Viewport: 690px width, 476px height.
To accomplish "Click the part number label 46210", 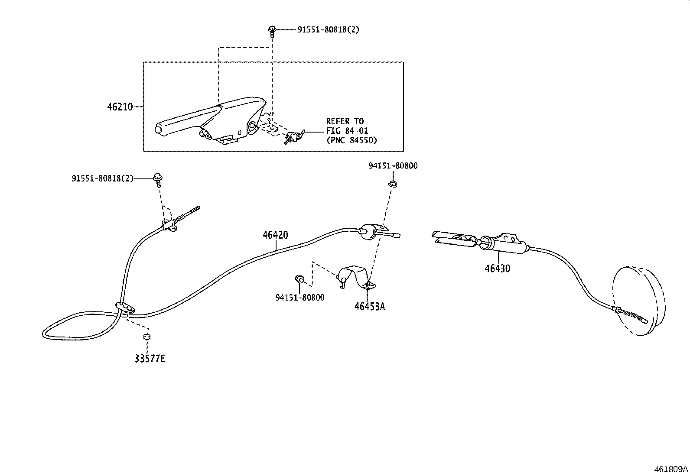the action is click(120, 107).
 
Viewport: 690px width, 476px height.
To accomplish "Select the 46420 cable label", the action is click(275, 235).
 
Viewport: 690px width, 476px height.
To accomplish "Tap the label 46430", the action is click(498, 269).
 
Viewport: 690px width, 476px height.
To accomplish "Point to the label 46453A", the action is click(370, 307).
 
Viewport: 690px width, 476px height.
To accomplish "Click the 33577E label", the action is click(150, 359).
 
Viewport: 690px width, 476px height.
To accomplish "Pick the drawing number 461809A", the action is click(671, 469).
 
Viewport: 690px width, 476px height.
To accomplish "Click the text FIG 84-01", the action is click(347, 130).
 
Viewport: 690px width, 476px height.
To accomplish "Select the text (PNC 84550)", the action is click(352, 140).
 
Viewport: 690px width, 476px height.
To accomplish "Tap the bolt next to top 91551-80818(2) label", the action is click(272, 31).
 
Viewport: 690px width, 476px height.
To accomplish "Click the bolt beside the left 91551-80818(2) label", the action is click(158, 180).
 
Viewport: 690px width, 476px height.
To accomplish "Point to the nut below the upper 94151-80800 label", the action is click(393, 184).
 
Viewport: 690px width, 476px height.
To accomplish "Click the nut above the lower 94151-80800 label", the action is click(299, 278).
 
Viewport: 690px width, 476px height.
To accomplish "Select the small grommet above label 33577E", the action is click(147, 337).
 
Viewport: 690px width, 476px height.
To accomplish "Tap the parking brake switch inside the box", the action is click(294, 137).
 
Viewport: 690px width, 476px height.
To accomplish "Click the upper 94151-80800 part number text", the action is click(393, 165).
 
